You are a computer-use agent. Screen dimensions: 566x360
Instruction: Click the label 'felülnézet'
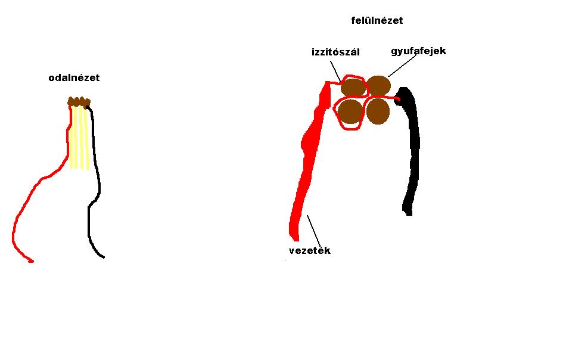[x=377, y=20]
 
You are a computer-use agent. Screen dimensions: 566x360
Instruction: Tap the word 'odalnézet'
[x=74, y=77]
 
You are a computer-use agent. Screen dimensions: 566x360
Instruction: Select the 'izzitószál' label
[x=335, y=52]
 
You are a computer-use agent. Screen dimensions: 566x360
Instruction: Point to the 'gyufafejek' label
[x=418, y=51]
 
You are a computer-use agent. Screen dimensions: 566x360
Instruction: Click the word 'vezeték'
[x=309, y=250]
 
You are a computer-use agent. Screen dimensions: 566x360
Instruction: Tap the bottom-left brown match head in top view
[x=350, y=111]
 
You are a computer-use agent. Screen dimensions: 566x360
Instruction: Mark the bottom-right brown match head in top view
[x=378, y=111]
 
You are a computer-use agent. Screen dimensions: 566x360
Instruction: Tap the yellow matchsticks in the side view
[x=79, y=140]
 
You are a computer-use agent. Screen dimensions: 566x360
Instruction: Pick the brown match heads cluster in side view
[x=79, y=102]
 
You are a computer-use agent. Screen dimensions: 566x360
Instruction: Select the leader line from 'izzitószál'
[x=336, y=71]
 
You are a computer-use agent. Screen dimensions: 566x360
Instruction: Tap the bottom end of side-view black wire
[x=103, y=257]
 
